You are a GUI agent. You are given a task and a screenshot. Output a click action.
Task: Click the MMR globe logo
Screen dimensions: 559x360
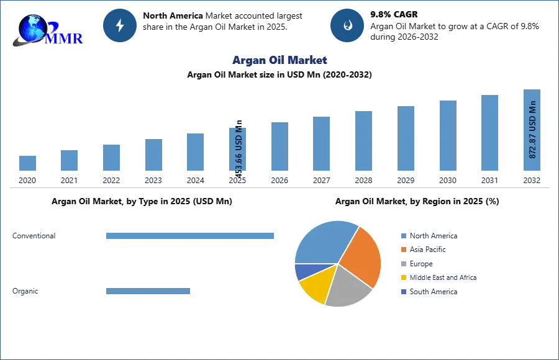point(47,30)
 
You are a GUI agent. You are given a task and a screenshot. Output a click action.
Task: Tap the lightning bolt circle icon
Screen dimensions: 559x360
point(120,25)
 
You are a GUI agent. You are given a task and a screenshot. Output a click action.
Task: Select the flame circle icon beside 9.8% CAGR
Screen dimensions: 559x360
point(347,25)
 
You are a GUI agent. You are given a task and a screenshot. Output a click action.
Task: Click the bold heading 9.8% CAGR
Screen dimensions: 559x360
point(394,15)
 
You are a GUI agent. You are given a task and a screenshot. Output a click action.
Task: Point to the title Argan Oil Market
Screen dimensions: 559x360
point(279,60)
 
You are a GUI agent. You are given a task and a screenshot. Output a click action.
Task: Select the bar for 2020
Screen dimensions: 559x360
point(27,163)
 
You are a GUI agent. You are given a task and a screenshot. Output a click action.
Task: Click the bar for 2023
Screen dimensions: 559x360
point(153,155)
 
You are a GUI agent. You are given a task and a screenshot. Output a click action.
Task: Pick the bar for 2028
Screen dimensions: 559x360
point(363,141)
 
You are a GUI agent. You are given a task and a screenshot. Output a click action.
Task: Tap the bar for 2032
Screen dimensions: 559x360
point(532,130)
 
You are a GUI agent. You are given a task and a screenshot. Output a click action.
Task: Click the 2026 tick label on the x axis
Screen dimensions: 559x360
point(279,181)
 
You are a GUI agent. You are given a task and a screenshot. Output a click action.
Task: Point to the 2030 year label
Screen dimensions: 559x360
point(448,181)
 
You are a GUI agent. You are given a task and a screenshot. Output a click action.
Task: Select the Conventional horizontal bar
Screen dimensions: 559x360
point(190,236)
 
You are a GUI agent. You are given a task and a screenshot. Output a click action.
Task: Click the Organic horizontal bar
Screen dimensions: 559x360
point(148,291)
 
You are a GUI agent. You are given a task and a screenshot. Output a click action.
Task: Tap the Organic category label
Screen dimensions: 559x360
point(25,291)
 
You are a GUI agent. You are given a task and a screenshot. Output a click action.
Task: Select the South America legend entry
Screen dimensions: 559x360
point(429,292)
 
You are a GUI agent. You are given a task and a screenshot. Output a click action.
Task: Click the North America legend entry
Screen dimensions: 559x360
point(429,236)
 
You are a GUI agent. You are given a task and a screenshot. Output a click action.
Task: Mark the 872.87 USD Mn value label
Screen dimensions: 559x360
point(532,130)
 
